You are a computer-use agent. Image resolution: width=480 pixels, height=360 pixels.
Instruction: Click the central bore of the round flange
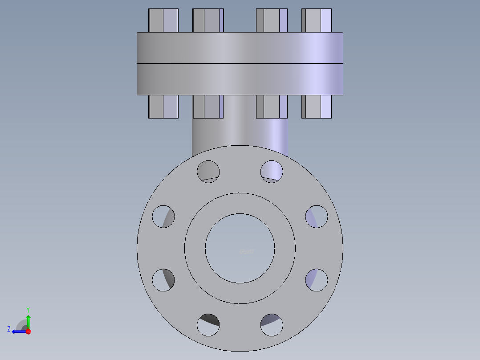pyautogui.click(x=240, y=248)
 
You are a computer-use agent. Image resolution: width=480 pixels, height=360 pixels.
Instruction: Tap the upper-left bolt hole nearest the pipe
pyautogui.click(x=208, y=171)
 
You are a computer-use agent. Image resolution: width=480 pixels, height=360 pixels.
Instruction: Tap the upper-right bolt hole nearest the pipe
pyautogui.click(x=272, y=171)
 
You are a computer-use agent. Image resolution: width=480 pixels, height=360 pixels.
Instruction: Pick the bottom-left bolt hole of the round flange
pyautogui.click(x=208, y=325)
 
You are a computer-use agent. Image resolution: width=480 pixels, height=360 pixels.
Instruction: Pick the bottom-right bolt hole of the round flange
pyautogui.click(x=272, y=325)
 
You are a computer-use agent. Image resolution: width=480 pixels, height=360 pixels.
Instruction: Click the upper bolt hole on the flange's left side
pyautogui.click(x=163, y=217)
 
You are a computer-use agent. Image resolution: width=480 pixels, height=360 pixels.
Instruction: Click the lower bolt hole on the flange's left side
pyautogui.click(x=163, y=280)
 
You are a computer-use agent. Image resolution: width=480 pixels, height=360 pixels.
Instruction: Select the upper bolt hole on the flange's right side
pyautogui.click(x=317, y=217)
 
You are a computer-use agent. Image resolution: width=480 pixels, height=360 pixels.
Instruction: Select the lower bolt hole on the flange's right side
pyautogui.click(x=317, y=280)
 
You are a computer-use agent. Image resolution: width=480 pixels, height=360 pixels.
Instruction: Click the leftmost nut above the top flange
pyautogui.click(x=163, y=20)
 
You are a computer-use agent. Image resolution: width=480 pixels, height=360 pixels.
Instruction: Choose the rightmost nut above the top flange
pyautogui.click(x=317, y=20)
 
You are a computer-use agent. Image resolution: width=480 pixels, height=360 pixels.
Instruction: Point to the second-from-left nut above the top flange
pyautogui.click(x=208, y=20)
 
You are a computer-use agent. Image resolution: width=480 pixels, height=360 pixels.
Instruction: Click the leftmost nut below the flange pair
pyautogui.click(x=163, y=106)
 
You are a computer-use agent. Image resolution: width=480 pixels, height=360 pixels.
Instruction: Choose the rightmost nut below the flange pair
pyautogui.click(x=317, y=106)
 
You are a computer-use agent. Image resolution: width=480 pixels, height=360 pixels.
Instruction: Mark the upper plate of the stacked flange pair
pyautogui.click(x=240, y=48)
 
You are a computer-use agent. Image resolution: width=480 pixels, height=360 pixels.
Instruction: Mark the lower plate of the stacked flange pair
pyautogui.click(x=240, y=79)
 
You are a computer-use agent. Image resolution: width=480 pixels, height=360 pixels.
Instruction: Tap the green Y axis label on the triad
pyautogui.click(x=28, y=309)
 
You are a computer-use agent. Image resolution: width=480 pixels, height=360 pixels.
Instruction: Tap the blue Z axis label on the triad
pyautogui.click(x=9, y=329)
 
